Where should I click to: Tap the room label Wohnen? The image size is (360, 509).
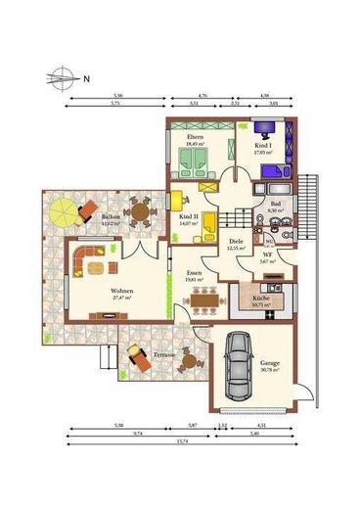coord(121,291)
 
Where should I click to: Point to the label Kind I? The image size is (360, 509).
coord(262,144)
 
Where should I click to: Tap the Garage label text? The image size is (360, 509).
coord(269,362)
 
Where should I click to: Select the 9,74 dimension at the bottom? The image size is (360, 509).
coord(140,432)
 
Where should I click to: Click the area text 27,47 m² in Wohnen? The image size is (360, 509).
coord(121,298)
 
